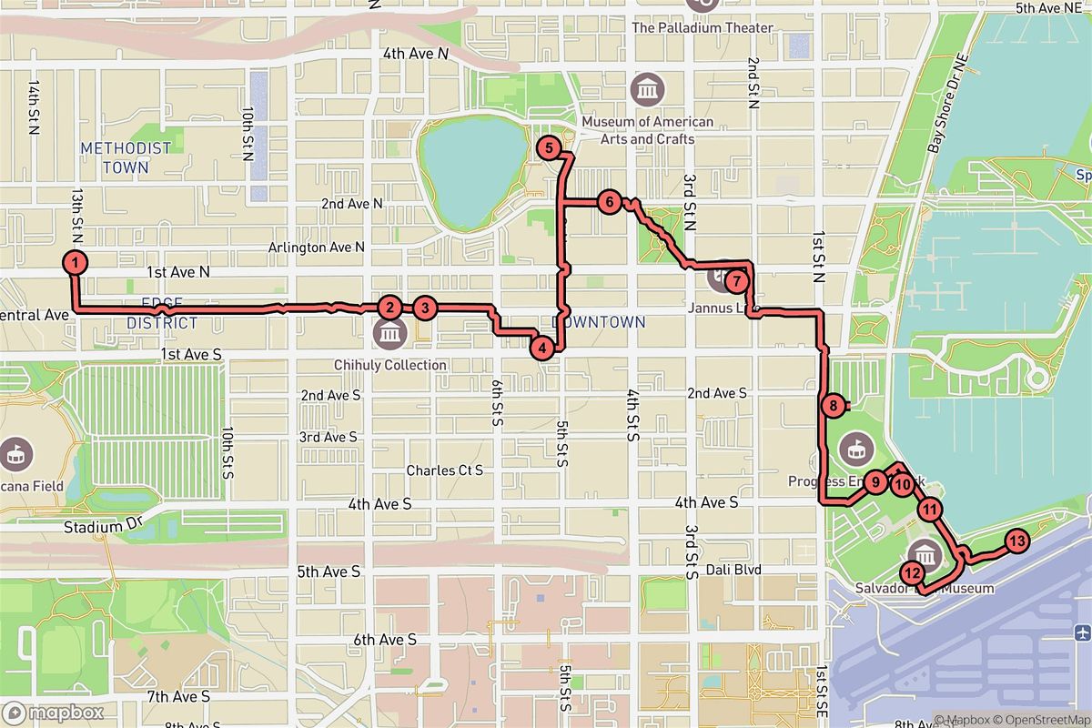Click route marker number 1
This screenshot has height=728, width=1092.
point(76,263)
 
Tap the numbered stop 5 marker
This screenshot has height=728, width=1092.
point(548,147)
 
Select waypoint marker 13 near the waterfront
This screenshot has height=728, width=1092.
point(1016,542)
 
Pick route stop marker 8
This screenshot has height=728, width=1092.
point(833,407)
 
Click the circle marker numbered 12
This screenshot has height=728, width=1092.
point(912,572)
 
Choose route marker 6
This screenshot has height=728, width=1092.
point(609,202)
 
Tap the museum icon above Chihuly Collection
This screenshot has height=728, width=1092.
point(389,335)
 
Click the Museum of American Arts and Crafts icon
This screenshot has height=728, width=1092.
point(648,90)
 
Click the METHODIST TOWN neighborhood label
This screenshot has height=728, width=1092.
point(126,157)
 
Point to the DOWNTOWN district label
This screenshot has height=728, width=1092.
point(599,322)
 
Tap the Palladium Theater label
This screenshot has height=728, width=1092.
point(703,27)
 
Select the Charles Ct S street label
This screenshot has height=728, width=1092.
point(444,470)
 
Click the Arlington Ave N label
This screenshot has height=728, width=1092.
point(316,247)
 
